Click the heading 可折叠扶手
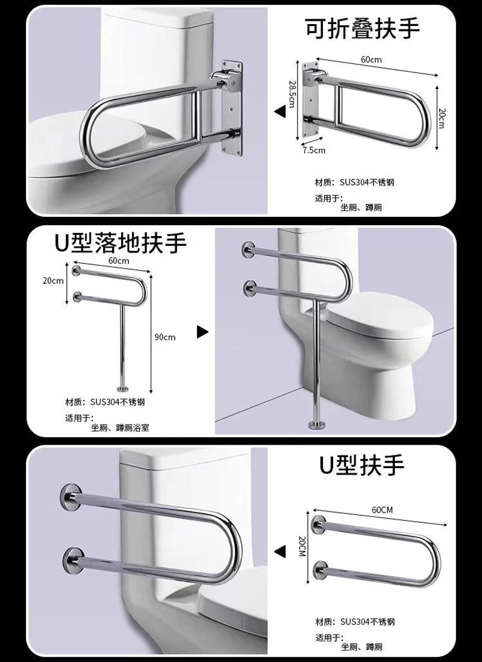click(x=362, y=28)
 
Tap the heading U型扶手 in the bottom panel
click(x=361, y=465)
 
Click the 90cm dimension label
click(x=164, y=337)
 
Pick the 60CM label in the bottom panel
click(x=382, y=510)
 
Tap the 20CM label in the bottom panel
click(x=301, y=546)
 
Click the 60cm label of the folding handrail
click(x=371, y=60)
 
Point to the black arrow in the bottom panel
click(x=279, y=551)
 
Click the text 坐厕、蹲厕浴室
click(x=120, y=428)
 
